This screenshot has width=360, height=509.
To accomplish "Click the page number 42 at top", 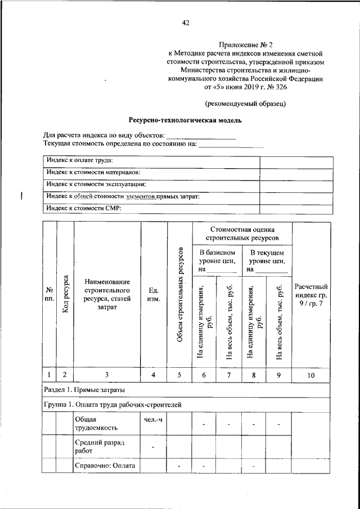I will (186, 23).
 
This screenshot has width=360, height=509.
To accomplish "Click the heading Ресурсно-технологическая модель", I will (186, 120).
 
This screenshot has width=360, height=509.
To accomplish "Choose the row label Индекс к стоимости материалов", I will (93, 173).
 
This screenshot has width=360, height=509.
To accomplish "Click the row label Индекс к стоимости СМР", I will (84, 208).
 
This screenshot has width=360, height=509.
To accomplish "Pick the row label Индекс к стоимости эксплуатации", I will (97, 184).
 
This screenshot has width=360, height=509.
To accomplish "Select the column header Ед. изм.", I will (154, 294).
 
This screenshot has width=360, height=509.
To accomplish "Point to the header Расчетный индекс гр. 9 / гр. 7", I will (312, 295).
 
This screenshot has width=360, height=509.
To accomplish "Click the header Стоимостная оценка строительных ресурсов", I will (242, 234).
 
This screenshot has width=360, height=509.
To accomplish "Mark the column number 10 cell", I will (312, 375).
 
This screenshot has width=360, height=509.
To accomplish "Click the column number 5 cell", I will (180, 375).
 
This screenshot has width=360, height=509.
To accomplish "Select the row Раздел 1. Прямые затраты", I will (84, 389).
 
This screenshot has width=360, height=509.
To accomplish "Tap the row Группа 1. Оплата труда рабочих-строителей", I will (112, 404).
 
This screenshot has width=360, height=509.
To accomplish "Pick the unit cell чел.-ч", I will (153, 419).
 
